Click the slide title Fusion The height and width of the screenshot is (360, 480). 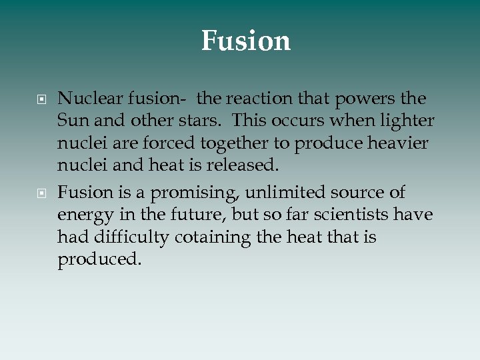[x=246, y=41]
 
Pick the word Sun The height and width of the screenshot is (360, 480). [x=70, y=122]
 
